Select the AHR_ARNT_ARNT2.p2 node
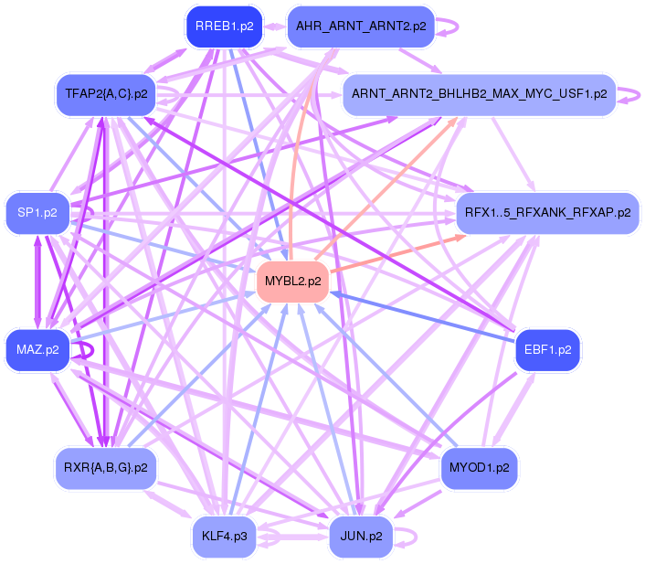coord(360,27)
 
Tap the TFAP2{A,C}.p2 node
coord(107,93)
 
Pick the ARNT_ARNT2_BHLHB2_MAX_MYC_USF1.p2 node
coord(479,94)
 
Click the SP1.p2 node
coord(37,213)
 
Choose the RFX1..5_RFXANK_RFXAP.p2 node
coord(547,213)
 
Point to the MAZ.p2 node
coord(37,349)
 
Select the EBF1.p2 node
coord(547,349)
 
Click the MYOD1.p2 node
coord(479,468)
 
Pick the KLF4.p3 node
coord(224,536)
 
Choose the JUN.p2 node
coord(361,536)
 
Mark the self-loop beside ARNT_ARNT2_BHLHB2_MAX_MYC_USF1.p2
coord(630,94)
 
